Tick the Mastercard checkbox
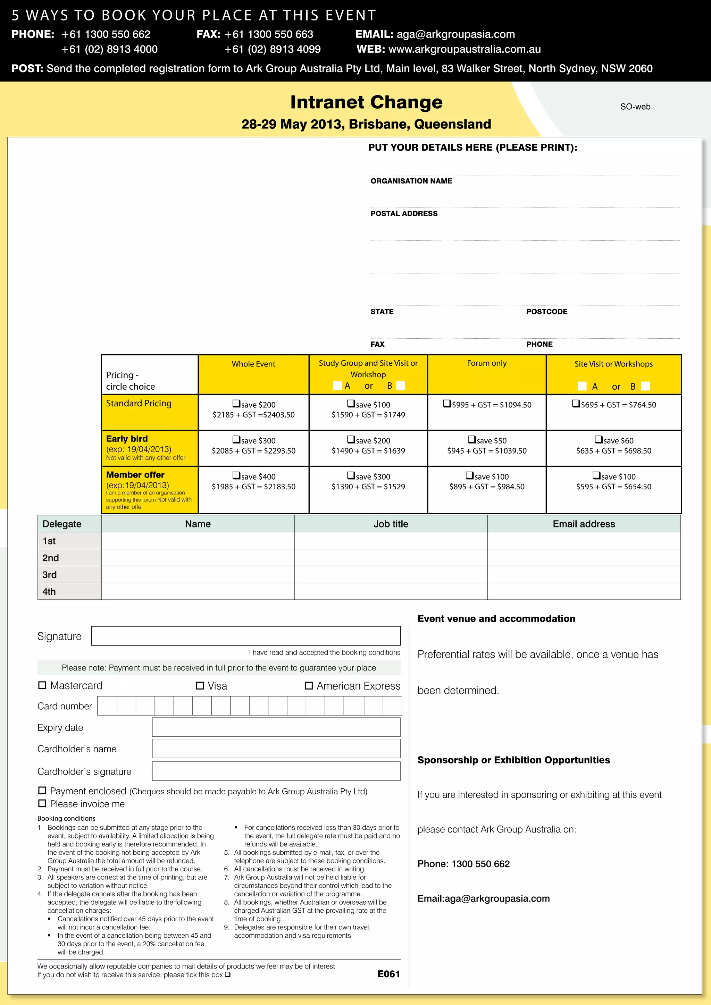(42, 685)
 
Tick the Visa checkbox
(200, 685)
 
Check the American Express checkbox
(309, 685)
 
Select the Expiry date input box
(276, 727)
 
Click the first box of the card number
(107, 706)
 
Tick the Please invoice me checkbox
(42, 803)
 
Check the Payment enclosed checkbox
(42, 791)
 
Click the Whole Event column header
(253, 364)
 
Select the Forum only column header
(486, 363)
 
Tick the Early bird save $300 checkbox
(236, 439)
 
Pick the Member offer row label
(135, 475)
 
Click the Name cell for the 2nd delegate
(198, 558)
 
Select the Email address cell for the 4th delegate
(584, 591)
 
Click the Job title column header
(391, 524)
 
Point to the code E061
(388, 974)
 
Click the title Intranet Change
(367, 102)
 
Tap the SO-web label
(635, 107)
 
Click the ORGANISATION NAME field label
(411, 181)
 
